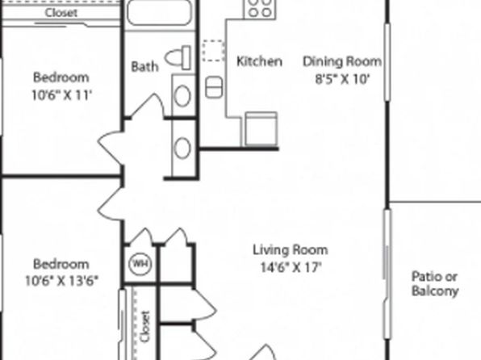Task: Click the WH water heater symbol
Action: pyautogui.click(x=140, y=263)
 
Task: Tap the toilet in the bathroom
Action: pyautogui.click(x=178, y=57)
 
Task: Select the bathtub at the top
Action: pyautogui.click(x=159, y=11)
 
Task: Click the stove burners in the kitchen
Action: pyautogui.click(x=260, y=9)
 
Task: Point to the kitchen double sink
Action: pyautogui.click(x=214, y=87)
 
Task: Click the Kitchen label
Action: pyautogui.click(x=259, y=61)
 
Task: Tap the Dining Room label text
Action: pyautogui.click(x=342, y=61)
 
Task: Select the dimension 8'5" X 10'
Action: pyautogui.click(x=342, y=79)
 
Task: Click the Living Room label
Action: pyautogui.click(x=291, y=250)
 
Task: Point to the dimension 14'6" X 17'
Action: pyautogui.click(x=291, y=267)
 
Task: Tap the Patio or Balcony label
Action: pyautogui.click(x=435, y=283)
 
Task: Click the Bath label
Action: pyautogui.click(x=144, y=66)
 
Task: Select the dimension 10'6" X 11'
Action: pyautogui.click(x=61, y=95)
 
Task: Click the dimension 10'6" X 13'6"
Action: pyautogui.click(x=61, y=281)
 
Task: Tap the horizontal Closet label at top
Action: pyautogui.click(x=61, y=13)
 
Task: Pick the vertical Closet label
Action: pyautogui.click(x=145, y=326)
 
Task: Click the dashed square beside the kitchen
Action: pyautogui.click(x=214, y=51)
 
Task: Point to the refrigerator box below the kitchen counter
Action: pyautogui.click(x=261, y=128)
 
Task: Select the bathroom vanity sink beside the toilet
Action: pyautogui.click(x=182, y=96)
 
